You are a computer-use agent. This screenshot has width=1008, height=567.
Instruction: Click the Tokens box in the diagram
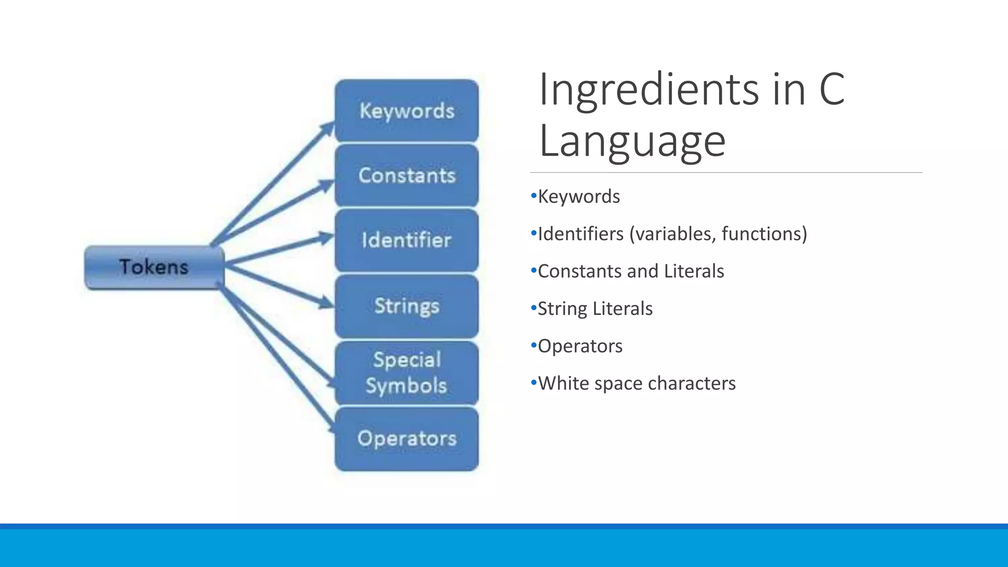tap(154, 267)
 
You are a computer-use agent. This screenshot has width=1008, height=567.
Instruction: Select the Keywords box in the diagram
tap(407, 111)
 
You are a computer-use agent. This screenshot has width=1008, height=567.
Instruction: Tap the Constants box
tap(407, 176)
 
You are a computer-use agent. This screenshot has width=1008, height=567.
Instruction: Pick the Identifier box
tap(407, 240)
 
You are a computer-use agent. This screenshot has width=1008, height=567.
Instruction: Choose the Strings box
tap(407, 306)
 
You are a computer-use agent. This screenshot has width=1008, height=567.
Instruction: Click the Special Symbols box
tap(407, 373)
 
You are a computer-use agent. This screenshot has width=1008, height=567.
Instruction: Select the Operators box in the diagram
tap(407, 439)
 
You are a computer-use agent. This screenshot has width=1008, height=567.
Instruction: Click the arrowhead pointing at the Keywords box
tap(327, 128)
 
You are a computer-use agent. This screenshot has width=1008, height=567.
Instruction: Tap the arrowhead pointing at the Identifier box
tap(326, 238)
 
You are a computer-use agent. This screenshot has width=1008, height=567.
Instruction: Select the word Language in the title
tap(632, 141)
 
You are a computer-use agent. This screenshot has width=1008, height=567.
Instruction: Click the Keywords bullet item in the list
tap(579, 196)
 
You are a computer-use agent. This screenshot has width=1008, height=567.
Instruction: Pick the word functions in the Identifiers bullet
tap(764, 234)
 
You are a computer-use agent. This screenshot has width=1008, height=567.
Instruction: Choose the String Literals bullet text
tap(595, 309)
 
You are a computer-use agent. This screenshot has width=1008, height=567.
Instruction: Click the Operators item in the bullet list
tap(580, 346)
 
